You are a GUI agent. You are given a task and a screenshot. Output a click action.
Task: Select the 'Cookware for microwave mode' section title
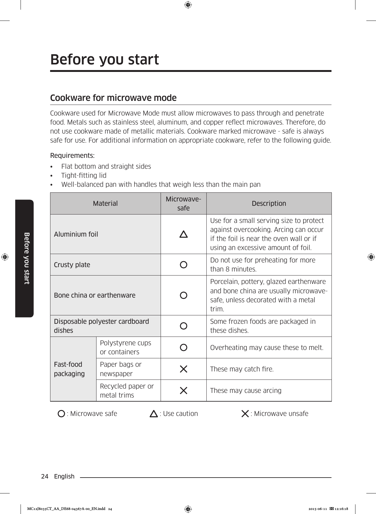[113, 98]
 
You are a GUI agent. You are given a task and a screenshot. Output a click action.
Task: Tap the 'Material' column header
[105, 203]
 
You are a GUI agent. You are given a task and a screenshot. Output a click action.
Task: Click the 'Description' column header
[269, 203]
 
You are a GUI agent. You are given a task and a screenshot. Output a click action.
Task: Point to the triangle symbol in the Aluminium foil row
[184, 234]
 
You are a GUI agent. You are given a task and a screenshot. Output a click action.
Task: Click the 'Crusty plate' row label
[72, 265]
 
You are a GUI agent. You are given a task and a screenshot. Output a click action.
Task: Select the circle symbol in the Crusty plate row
[184, 265]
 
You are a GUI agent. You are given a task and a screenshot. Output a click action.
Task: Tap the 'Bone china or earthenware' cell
[95, 295]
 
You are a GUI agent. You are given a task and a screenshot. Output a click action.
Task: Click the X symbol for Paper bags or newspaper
[184, 369]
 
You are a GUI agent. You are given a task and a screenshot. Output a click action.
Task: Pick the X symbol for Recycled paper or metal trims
[184, 390]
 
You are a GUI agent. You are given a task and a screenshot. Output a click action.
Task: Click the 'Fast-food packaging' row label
[69, 369]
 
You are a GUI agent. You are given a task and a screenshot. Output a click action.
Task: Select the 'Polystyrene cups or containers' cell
[125, 347]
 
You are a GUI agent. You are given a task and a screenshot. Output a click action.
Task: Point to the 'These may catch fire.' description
[242, 369]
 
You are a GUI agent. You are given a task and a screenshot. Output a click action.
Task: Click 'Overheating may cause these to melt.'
[267, 347]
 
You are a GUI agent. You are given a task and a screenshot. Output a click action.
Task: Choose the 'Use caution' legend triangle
[154, 414]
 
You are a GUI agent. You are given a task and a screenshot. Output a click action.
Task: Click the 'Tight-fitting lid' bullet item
[84, 175]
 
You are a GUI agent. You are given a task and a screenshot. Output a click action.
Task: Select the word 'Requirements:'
[73, 155]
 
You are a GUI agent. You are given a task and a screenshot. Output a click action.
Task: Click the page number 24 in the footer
[45, 476]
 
